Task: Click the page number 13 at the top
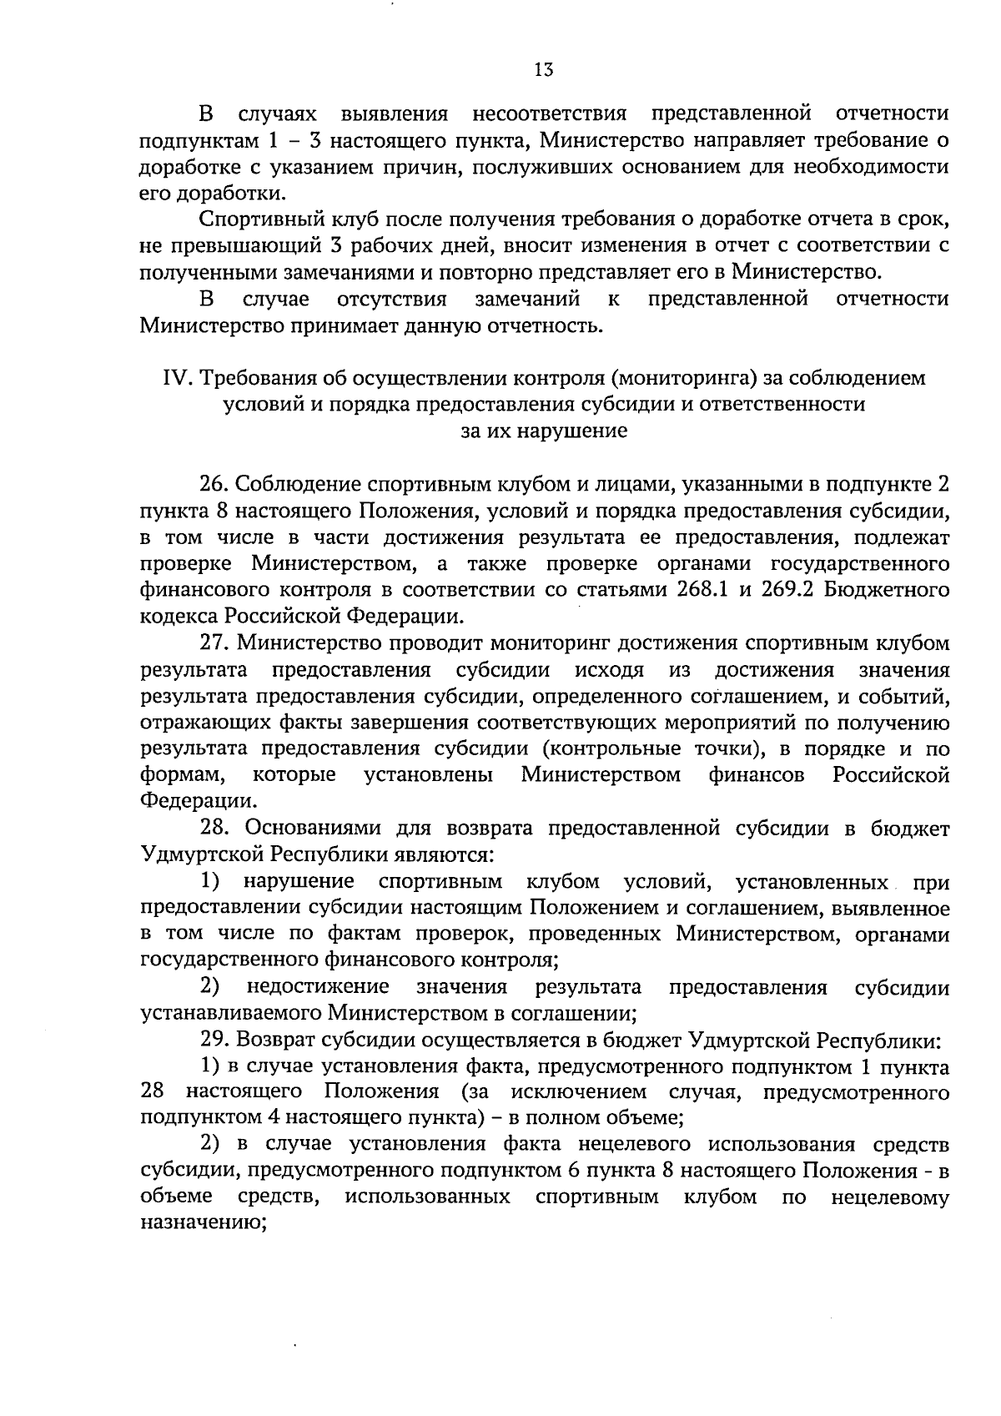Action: tap(543, 71)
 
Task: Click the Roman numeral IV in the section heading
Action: tap(177, 378)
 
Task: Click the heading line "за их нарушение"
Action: tap(543, 432)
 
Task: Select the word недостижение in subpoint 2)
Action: tap(318, 988)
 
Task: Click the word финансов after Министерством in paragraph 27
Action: tap(757, 775)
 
